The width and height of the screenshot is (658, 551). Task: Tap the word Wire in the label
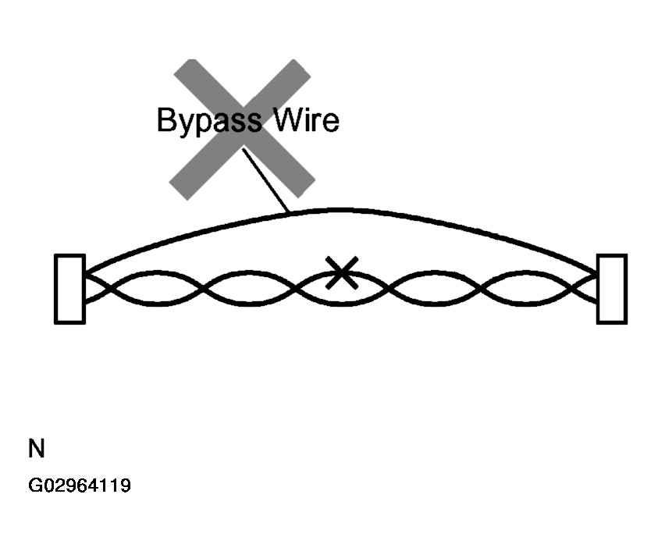tap(306, 119)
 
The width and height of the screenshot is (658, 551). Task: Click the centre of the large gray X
tap(243, 129)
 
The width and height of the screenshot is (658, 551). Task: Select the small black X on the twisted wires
tap(342, 272)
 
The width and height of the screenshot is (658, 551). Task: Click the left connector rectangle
tap(70, 289)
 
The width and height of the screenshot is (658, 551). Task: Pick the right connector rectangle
tap(612, 289)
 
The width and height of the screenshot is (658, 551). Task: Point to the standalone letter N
tap(37, 449)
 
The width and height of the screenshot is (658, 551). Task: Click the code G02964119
tap(80, 485)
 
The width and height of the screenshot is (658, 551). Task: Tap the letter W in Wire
tap(288, 119)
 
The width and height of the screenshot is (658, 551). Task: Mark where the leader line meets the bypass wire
tap(289, 213)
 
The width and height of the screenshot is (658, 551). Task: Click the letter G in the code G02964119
tap(34, 485)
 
